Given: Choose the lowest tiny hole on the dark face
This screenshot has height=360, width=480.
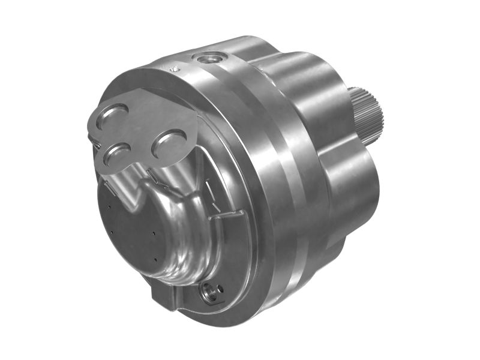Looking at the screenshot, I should pos(155,259).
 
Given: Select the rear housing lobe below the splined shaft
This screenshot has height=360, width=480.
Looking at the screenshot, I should pos(351,192).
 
